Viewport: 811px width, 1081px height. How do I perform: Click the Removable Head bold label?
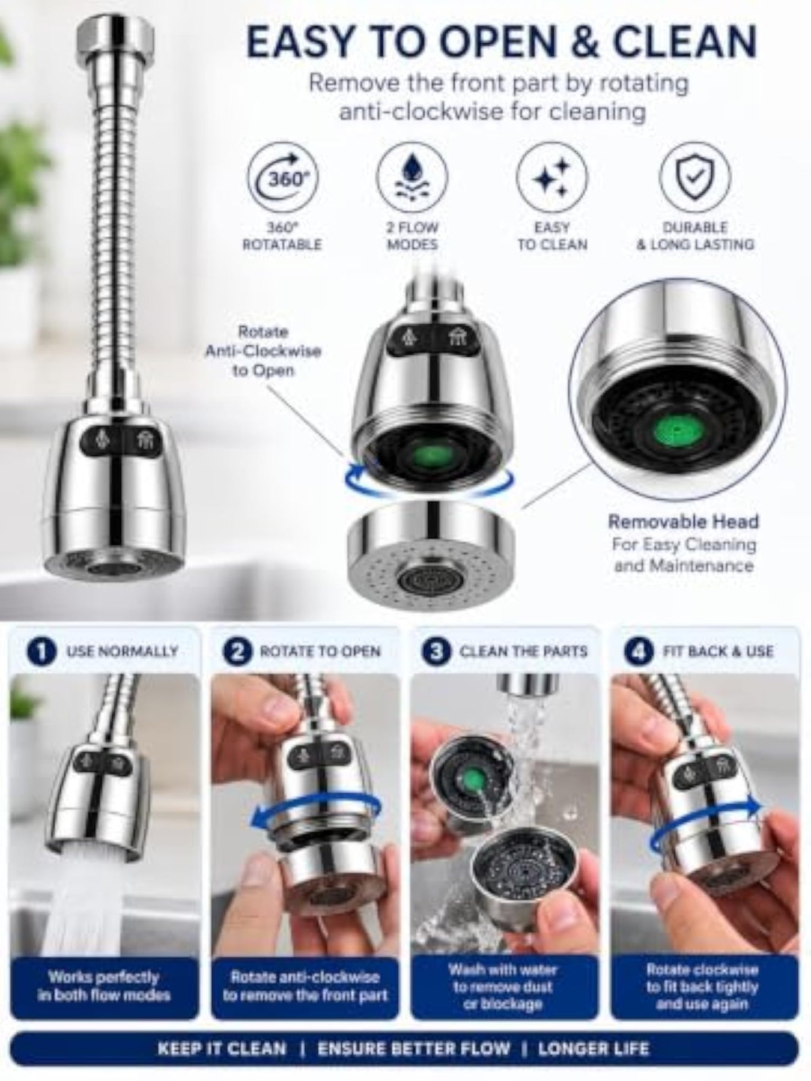click(x=684, y=521)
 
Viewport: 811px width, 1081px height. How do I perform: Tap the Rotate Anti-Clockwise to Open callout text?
click(x=263, y=351)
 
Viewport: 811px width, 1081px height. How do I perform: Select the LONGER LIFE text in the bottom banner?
click(x=594, y=1049)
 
